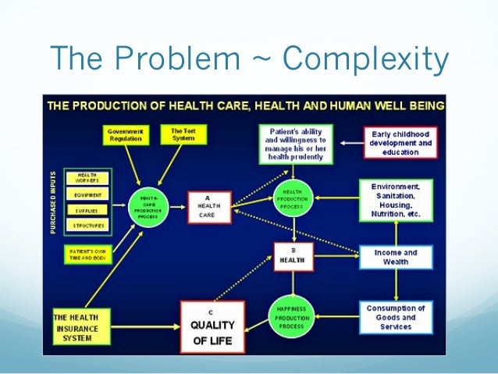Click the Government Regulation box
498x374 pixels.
[x=125, y=135]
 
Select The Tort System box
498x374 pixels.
[x=178, y=134]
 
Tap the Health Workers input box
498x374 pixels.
[x=87, y=179]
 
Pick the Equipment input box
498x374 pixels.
[x=87, y=195]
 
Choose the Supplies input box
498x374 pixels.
[x=87, y=211]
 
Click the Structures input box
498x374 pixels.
[x=87, y=226]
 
